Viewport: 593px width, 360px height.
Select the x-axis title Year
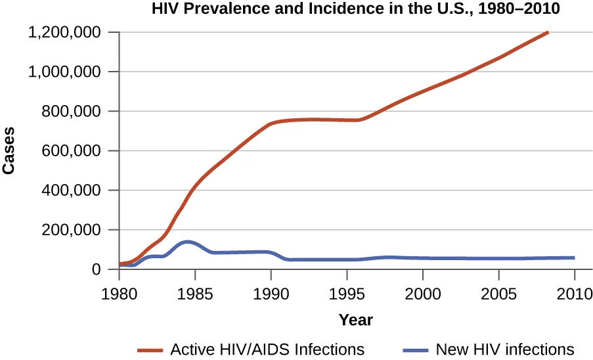355,321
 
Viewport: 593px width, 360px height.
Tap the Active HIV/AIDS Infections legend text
267,349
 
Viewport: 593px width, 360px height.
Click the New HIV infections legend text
505,349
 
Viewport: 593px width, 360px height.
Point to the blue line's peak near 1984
188,242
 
